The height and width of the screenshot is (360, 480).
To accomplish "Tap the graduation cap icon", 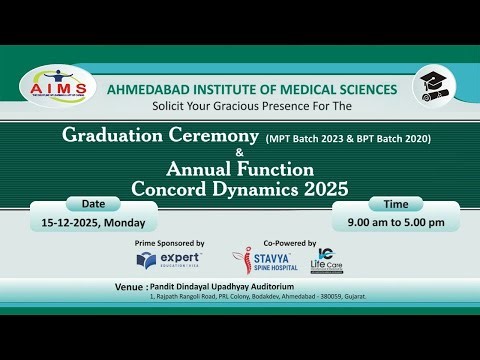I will (430, 85).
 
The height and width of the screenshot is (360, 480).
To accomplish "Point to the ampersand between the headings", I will (240, 152).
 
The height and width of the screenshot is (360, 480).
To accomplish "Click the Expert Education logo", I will (169, 261).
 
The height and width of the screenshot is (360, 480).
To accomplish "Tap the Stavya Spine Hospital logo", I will (266, 262).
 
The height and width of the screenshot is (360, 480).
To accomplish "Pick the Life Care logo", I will (327, 260).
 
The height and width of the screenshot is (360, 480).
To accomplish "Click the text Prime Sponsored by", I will (169, 243).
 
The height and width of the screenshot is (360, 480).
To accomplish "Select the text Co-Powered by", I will (290, 243).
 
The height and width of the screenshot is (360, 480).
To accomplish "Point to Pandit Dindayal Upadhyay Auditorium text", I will (228, 285).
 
